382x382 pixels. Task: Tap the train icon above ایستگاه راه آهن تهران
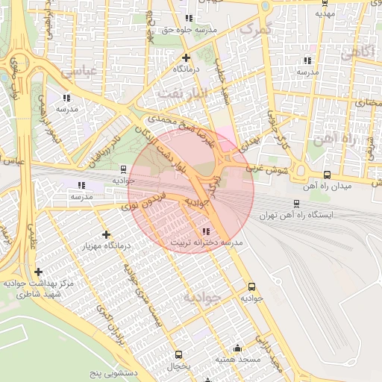coord(296,202)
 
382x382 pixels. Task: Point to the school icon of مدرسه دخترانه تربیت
coord(206,231)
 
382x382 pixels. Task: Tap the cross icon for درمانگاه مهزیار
coord(105,234)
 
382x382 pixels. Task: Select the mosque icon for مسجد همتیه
coord(237,348)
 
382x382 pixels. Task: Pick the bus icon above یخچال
coord(178,354)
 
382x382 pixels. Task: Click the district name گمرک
coord(254,28)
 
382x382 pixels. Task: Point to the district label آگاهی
coord(357,53)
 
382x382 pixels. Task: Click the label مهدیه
coord(323,13)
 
